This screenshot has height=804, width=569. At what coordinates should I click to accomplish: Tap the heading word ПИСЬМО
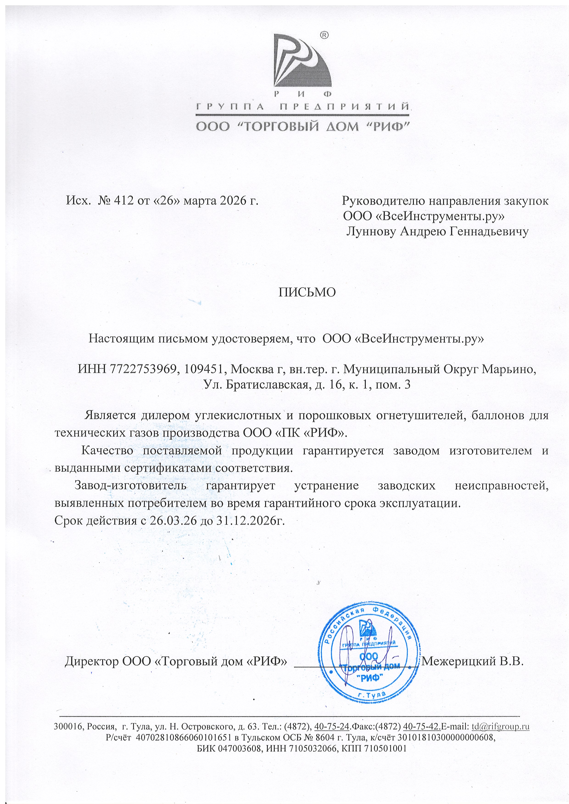tap(307, 292)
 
